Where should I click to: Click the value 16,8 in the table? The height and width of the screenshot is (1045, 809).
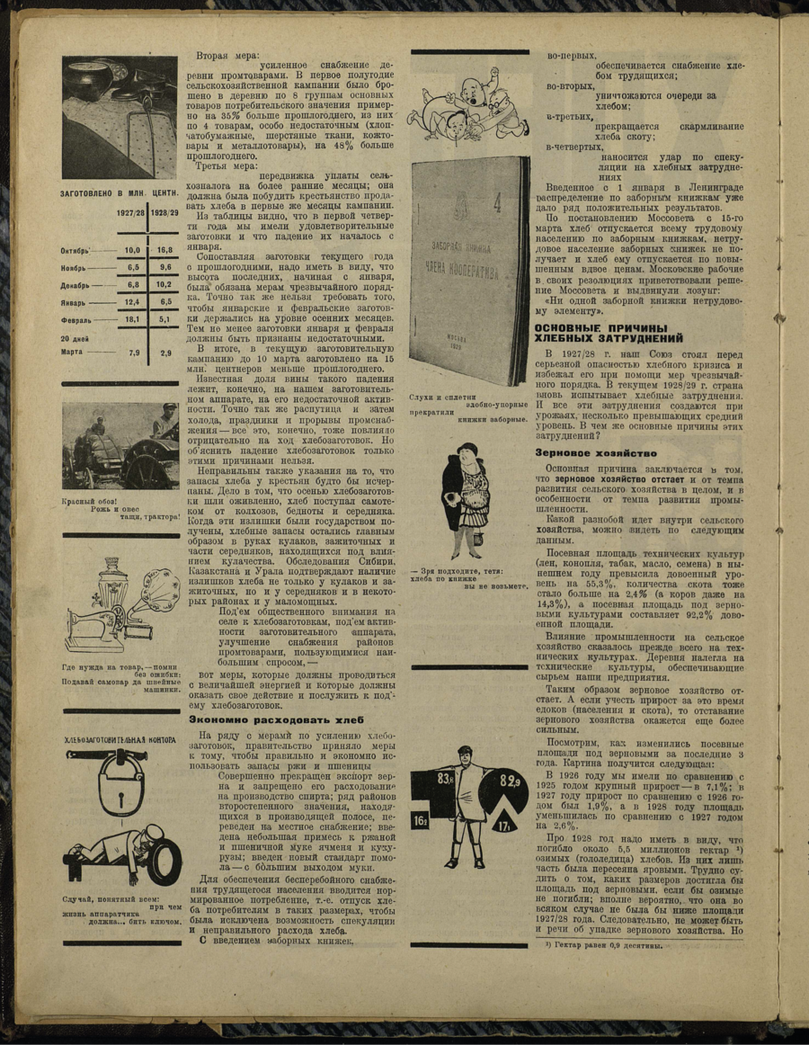pos(164,250)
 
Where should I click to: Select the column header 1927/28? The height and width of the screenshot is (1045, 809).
pos(131,213)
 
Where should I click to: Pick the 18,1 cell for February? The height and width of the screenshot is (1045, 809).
pos(132,318)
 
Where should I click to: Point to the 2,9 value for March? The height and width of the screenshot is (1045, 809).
pos(165,353)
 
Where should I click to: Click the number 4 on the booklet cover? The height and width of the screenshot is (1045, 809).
pos(494,187)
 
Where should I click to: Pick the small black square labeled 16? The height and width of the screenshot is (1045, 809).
pos(421,821)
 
